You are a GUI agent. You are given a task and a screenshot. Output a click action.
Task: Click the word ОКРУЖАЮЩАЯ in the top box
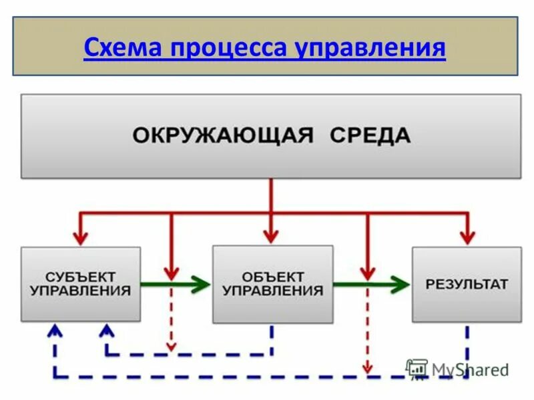pos(222,136)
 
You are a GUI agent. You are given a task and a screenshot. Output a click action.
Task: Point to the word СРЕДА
pos(370,136)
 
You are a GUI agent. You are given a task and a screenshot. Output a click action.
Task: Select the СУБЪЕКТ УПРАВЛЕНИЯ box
pos(81,284)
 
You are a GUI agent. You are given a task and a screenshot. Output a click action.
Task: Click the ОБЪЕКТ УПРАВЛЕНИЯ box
pos(272,284)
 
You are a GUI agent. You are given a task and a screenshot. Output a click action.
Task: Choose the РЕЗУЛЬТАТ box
pos(467,284)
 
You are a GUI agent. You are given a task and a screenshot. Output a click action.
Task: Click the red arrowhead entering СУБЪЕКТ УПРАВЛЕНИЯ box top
pos(81,237)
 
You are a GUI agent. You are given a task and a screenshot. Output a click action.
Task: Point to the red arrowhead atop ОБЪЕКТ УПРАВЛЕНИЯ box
pos(270,235)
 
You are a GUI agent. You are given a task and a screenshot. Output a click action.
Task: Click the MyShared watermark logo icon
pos(417,369)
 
